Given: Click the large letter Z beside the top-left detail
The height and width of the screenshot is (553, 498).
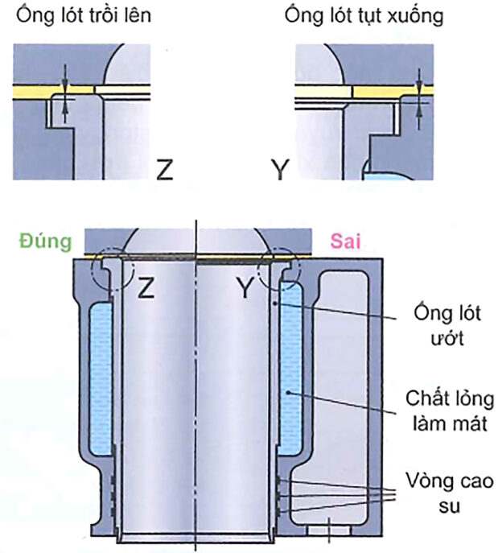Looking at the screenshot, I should tap(165, 170).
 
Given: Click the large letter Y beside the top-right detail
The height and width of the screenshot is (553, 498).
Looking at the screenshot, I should tap(280, 170).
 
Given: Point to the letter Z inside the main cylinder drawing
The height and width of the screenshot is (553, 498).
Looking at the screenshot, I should tap(146, 287).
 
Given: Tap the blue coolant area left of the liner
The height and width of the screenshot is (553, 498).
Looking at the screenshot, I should tap(100, 378).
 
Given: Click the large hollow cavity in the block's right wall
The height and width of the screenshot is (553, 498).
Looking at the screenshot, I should tap(347, 378).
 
